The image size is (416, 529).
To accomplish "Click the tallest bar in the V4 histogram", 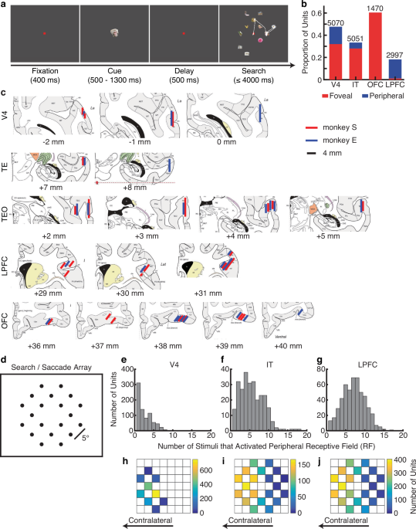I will pyautogui.click(x=137, y=422).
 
